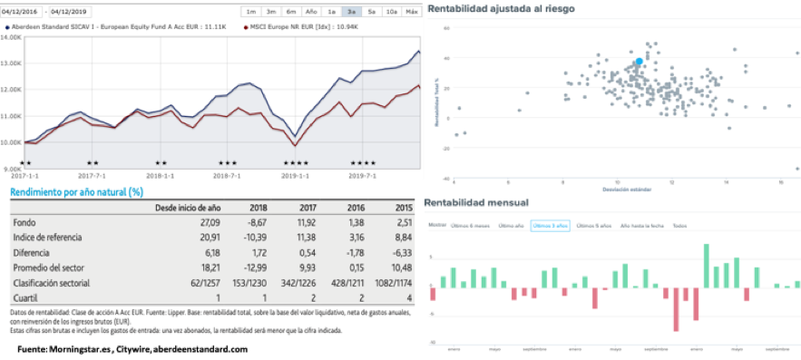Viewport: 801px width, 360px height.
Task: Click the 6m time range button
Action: click(290, 12)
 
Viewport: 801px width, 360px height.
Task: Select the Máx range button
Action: click(412, 12)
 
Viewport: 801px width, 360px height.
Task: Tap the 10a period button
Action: click(391, 12)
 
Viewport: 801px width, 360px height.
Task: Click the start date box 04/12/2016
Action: click(24, 11)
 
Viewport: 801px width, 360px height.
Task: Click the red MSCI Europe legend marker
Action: click(248, 28)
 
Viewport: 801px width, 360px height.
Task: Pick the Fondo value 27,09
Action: click(206, 222)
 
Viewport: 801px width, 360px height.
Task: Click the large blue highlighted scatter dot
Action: click(639, 62)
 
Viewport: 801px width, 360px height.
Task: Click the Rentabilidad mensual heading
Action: click(477, 202)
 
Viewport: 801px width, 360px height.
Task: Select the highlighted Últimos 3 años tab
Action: click(551, 225)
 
